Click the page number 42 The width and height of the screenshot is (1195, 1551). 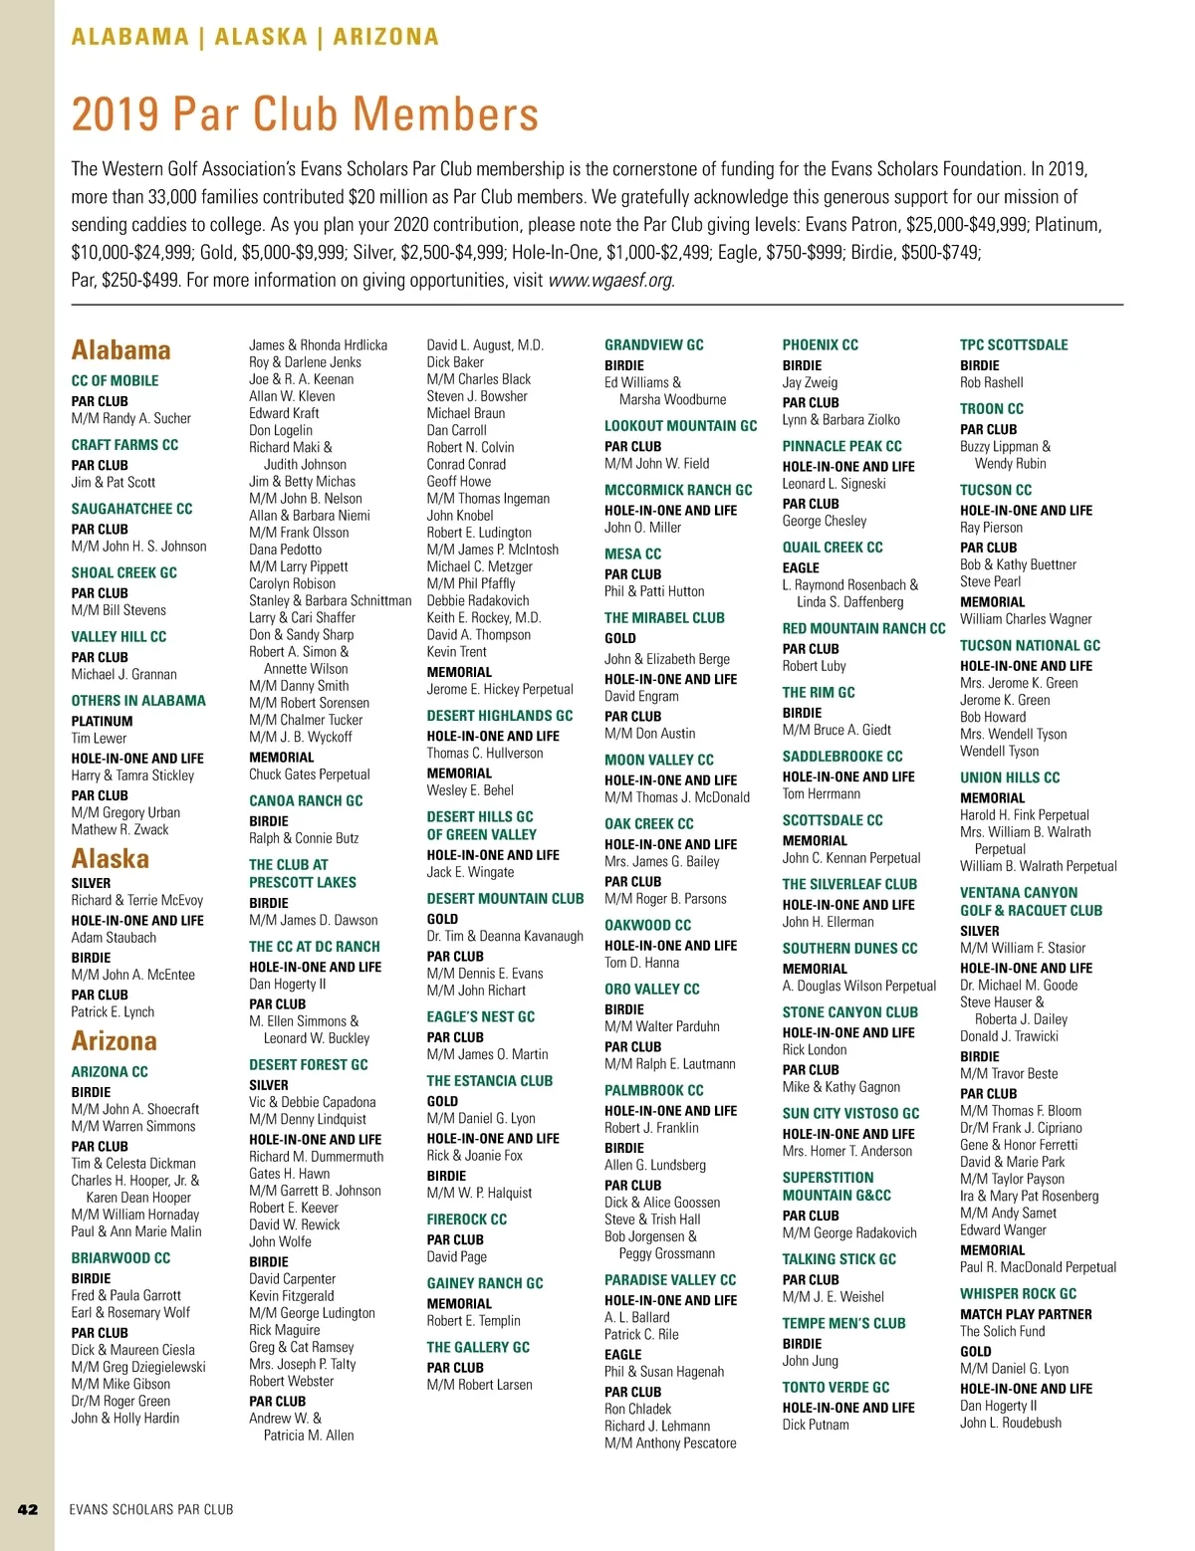[x=28, y=1509]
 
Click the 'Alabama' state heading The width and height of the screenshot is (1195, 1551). [x=120, y=350]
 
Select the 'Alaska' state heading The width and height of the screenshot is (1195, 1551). [x=110, y=859]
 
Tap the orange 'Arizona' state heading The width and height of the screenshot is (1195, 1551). [x=114, y=1041]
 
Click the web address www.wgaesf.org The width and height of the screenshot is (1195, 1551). [x=610, y=280]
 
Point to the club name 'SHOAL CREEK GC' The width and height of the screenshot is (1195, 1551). [x=123, y=572]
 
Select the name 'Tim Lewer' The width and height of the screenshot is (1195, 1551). [x=99, y=739]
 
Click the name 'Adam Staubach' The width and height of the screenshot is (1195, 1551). [x=114, y=938]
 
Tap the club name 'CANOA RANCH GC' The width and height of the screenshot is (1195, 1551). [x=306, y=800]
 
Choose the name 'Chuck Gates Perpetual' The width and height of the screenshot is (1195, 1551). [x=309, y=775]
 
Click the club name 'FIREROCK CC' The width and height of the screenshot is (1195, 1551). [x=466, y=1219]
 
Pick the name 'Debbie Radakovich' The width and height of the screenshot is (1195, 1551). [x=478, y=600]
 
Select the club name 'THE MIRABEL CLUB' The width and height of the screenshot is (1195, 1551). [x=664, y=617]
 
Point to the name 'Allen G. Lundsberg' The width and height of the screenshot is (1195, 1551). [x=654, y=1165]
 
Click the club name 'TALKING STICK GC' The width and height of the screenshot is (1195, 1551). [x=838, y=1258]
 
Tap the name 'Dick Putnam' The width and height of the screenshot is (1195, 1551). [x=816, y=1425]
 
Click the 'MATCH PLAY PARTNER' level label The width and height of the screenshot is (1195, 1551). [x=1026, y=1314]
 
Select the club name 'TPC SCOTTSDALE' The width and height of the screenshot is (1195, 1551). [x=1013, y=344]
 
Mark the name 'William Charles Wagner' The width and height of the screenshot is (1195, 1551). [x=1026, y=619]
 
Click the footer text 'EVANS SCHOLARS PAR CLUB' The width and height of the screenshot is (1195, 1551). [x=151, y=1509]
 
